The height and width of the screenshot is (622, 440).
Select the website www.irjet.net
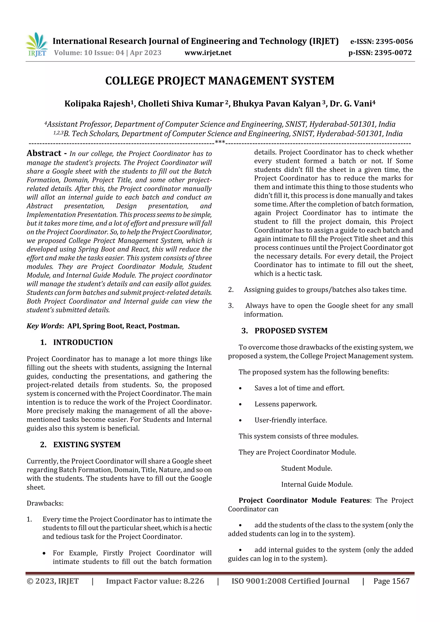(x=208, y=53)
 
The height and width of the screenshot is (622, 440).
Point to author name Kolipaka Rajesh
(x=97, y=104)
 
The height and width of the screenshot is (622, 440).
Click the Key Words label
(x=45, y=326)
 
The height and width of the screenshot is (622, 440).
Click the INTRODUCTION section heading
(x=83, y=342)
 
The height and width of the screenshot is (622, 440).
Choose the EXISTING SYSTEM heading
(x=87, y=445)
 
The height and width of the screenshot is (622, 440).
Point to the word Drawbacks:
(x=45, y=503)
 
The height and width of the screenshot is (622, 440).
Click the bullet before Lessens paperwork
(x=240, y=405)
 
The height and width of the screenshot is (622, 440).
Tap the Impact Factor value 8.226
(x=194, y=581)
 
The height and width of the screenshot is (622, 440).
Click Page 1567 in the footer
(x=391, y=581)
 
